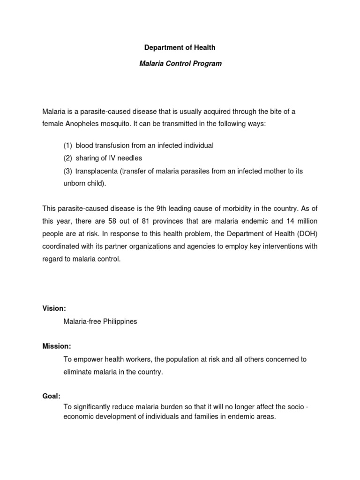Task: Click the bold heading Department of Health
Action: pyautogui.click(x=180, y=48)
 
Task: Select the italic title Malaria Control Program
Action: pyautogui.click(x=180, y=63)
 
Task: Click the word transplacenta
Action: pyautogui.click(x=97, y=171)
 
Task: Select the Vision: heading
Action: pyautogui.click(x=54, y=308)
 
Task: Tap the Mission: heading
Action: pyautogui.click(x=56, y=346)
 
